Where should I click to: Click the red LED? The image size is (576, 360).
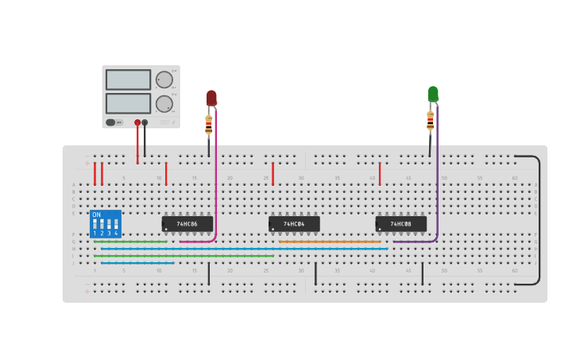(x=211, y=98)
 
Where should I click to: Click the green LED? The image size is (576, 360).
(x=433, y=94)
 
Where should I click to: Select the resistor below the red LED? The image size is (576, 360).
(x=209, y=125)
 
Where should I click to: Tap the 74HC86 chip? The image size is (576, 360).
(x=187, y=224)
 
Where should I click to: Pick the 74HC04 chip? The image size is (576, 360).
(x=294, y=224)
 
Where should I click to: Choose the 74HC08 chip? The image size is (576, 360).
(x=400, y=224)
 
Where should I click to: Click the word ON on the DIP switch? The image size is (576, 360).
(x=96, y=215)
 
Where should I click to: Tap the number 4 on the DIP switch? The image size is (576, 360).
(x=116, y=233)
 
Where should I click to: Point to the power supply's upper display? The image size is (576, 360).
(x=128, y=79)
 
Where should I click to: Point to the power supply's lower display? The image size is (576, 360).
(x=128, y=103)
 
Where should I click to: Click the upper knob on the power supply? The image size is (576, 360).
(x=164, y=79)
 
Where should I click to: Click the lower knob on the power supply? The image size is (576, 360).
(x=164, y=103)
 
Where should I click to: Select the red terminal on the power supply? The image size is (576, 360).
(x=137, y=122)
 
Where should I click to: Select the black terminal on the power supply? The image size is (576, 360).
(x=145, y=122)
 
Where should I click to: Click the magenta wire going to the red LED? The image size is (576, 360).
(x=215, y=183)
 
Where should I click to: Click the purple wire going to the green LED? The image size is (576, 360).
(x=437, y=183)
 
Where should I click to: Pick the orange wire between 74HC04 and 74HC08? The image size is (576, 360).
(x=330, y=242)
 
